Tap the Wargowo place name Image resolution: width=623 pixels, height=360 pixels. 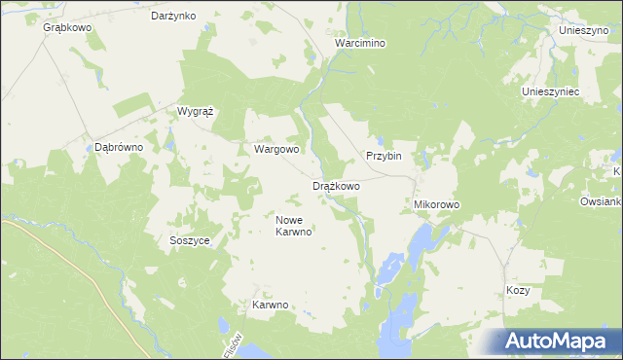276,150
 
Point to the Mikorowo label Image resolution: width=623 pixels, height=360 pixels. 436,205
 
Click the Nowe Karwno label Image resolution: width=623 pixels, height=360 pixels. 293,226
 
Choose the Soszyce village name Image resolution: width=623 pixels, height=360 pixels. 190,240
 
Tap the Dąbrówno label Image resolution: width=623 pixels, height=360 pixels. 119,147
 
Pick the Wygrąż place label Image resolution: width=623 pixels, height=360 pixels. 195,111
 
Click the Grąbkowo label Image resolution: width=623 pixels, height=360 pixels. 67,27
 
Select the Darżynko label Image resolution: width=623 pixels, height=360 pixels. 174,16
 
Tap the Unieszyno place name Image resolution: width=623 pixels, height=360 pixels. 583,30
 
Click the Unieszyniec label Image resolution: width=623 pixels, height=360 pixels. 551,90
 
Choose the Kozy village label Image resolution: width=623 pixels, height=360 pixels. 518,291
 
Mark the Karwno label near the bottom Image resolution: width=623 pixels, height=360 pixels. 271,305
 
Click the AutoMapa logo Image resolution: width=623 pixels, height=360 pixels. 555,342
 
